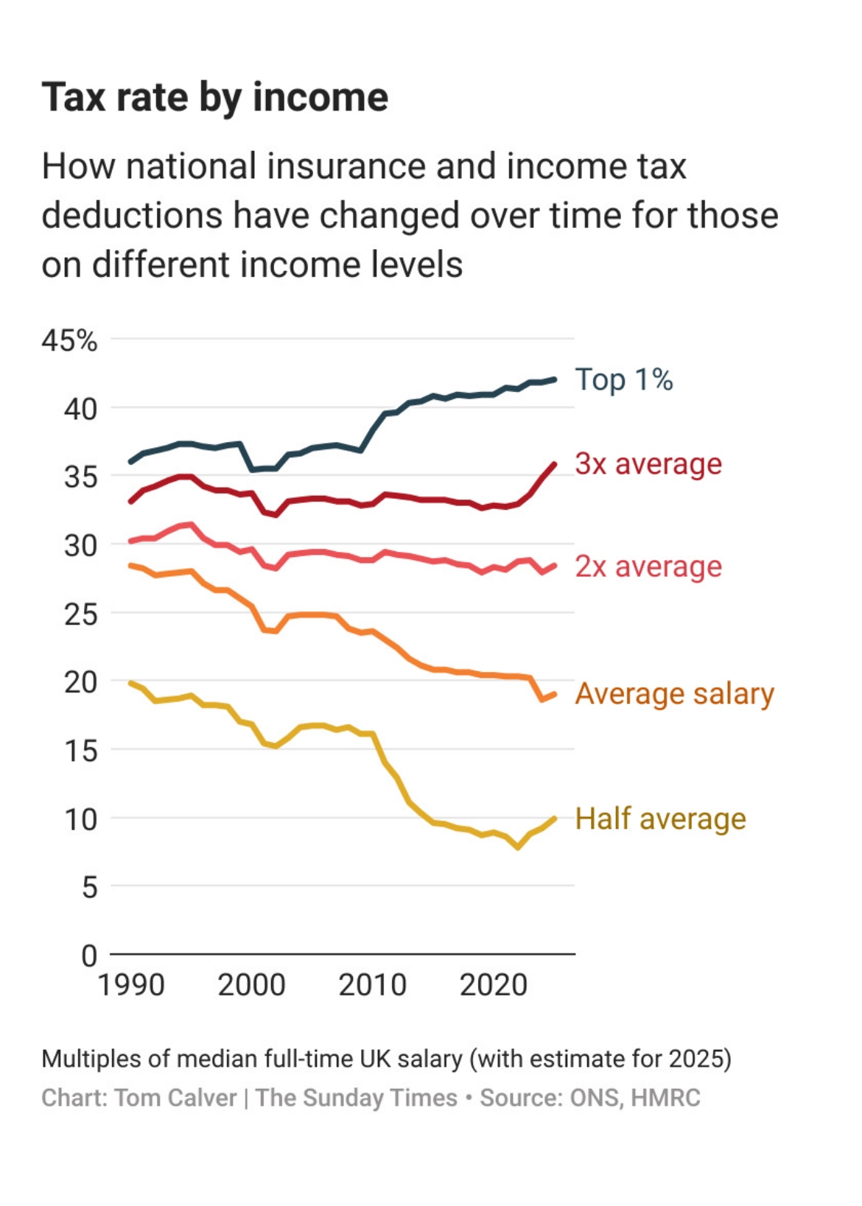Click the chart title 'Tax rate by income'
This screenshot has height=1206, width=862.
click(214, 97)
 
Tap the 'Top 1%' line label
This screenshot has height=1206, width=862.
click(623, 380)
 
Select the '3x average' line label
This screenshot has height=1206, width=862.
click(648, 464)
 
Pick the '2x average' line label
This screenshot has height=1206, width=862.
click(648, 567)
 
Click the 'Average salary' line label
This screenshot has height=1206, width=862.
click(674, 694)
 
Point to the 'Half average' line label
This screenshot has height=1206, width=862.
click(660, 818)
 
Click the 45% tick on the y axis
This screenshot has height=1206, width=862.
click(69, 340)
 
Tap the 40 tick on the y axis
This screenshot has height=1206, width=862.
click(80, 409)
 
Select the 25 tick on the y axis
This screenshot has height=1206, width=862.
click(80, 614)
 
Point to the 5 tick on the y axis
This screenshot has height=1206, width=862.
click(89, 887)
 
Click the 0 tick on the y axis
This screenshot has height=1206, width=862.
click(89, 956)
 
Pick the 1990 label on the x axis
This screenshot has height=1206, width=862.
click(131, 985)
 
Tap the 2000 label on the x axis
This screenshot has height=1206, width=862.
click(251, 985)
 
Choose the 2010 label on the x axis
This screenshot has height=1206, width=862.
click(372, 985)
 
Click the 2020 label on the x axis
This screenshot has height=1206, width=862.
click(494, 985)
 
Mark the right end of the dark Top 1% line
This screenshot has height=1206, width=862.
click(554, 380)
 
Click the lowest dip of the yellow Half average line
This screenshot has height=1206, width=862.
click(518, 847)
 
